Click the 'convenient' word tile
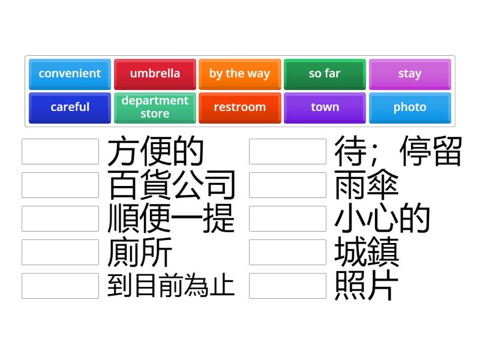(70, 74)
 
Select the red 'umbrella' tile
(155, 74)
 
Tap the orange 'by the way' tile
(239, 74)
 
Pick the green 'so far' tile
(325, 74)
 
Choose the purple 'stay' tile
(410, 74)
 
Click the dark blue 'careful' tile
(70, 107)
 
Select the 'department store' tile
(155, 107)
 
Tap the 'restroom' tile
(239, 107)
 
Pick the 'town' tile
(325, 107)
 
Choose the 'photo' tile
(410, 107)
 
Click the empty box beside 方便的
(60, 152)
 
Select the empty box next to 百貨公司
(60, 185)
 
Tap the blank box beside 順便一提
(60, 219)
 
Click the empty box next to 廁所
(60, 253)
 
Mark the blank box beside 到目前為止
(60, 286)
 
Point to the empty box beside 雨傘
(287, 185)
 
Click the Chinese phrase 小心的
(382, 219)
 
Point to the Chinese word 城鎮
(367, 253)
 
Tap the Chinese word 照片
(367, 286)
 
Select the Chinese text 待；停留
(398, 152)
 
